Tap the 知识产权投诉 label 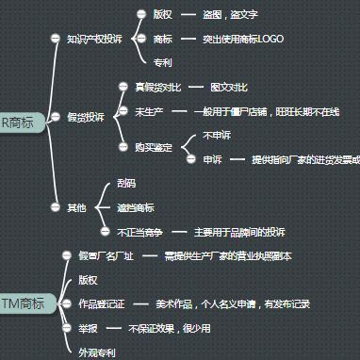(94, 39)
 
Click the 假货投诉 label (85, 116)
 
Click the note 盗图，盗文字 (229, 15)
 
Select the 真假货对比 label (156, 87)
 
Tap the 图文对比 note (229, 87)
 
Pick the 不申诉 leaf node (217, 136)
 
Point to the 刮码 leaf (126, 183)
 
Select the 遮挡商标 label (136, 206)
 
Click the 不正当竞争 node (139, 231)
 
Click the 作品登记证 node (99, 303)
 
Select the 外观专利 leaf (96, 352)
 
